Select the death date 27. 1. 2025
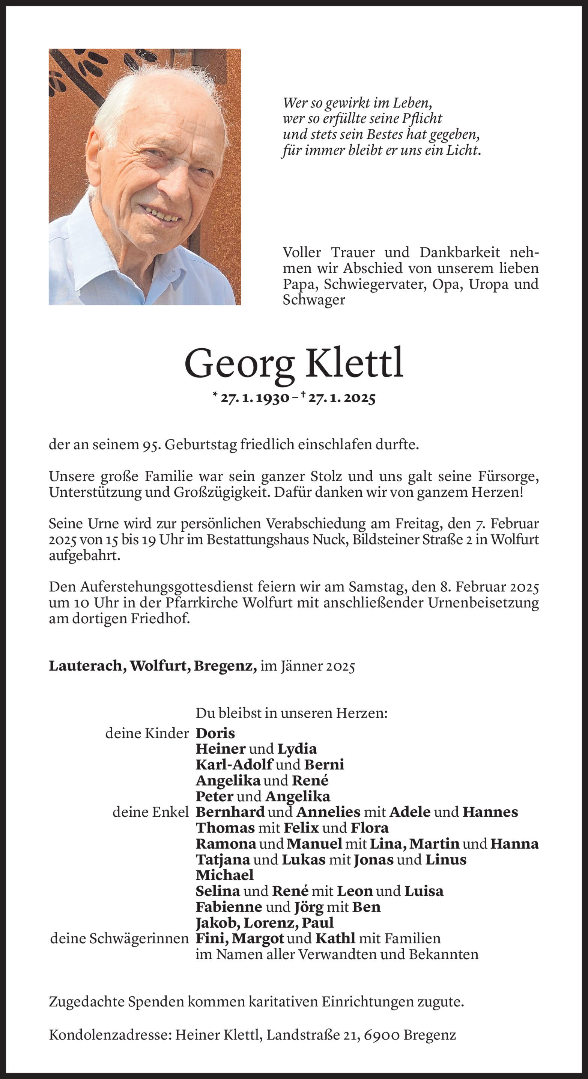tap(341, 398)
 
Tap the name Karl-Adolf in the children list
tap(235, 765)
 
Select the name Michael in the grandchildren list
tap(225, 875)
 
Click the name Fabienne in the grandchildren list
tap(229, 907)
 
